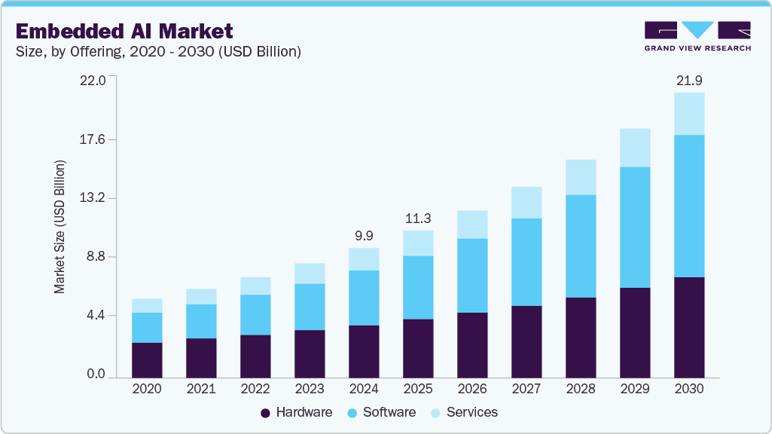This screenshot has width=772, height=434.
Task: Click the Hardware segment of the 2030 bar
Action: pos(689,328)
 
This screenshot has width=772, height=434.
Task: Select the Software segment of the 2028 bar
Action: pos(581,246)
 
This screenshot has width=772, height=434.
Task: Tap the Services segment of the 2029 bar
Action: pos(635,148)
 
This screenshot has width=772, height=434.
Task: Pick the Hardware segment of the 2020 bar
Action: pos(147,360)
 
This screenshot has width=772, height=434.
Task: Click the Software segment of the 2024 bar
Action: pos(364,298)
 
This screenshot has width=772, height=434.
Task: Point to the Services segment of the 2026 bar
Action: pos(472,225)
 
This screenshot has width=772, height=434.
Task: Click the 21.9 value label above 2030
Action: pos(689,80)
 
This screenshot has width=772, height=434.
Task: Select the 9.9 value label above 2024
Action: pos(364,236)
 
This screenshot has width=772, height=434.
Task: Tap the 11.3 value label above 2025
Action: pos(418,219)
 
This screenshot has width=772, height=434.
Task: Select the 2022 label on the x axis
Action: pos(255,390)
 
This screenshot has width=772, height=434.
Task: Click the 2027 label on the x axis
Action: pos(526,390)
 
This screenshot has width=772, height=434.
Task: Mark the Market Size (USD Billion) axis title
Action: pos(60,227)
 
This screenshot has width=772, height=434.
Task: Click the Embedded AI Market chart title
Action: pos(124,31)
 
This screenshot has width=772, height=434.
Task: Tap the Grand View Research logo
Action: pos(697,36)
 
